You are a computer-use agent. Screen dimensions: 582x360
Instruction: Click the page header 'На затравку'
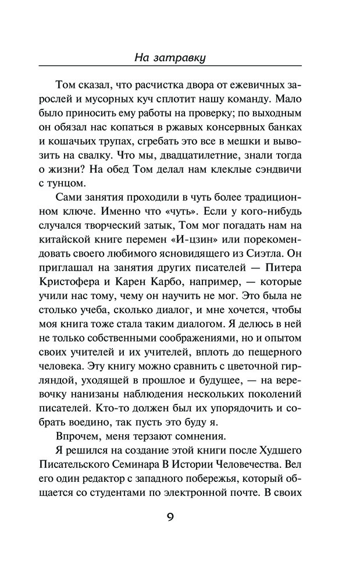point(180,58)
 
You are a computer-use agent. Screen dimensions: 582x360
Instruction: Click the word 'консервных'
point(234,118)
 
